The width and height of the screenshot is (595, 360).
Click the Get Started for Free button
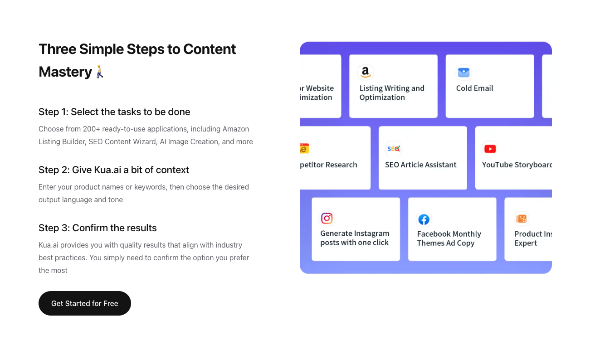coord(84,303)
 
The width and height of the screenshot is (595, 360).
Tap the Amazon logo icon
coord(366,72)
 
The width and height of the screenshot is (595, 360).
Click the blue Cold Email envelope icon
coord(463,72)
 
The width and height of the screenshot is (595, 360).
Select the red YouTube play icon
coord(490,149)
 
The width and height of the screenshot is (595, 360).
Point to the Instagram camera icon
coord(327,218)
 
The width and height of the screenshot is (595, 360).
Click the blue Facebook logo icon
coord(424,219)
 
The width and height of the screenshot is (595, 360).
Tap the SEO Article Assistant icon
coord(393,149)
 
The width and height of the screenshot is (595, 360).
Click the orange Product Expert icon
coord(521,219)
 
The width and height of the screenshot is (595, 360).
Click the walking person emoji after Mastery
coord(100,72)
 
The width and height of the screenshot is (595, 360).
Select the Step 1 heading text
coord(114,112)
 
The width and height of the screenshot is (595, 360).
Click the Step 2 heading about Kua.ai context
coord(114,170)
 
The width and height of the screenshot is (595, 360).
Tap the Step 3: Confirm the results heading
coord(98,228)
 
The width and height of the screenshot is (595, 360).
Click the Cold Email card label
coord(475,88)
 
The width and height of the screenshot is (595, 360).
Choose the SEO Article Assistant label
coord(421,165)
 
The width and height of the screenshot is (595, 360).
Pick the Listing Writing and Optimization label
coord(392,92)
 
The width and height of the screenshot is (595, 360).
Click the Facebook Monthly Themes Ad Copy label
coord(449,238)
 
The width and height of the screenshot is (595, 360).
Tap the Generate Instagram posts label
coord(355,238)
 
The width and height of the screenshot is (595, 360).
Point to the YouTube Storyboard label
coord(517,165)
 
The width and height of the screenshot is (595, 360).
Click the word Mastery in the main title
coord(65,72)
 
